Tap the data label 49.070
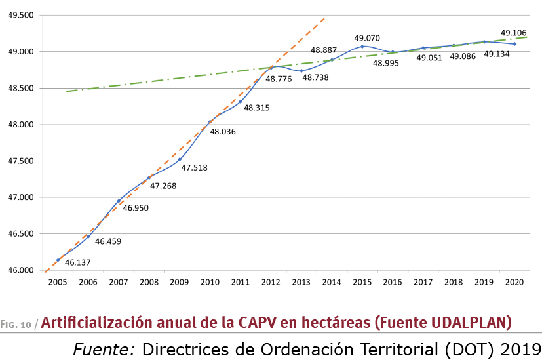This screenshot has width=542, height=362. point(366,38)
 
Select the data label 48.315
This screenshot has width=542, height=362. point(257,107)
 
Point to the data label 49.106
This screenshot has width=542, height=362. point(513,32)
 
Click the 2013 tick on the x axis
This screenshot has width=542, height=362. point(301,283)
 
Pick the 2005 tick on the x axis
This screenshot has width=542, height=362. point(58,283)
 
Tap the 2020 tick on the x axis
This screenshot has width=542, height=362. point(514,283)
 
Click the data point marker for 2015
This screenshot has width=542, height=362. point(362,46)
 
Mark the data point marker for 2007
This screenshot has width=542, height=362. point(119,201)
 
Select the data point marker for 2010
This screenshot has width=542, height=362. point(210,121)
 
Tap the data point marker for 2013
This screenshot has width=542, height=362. point(301,71)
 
